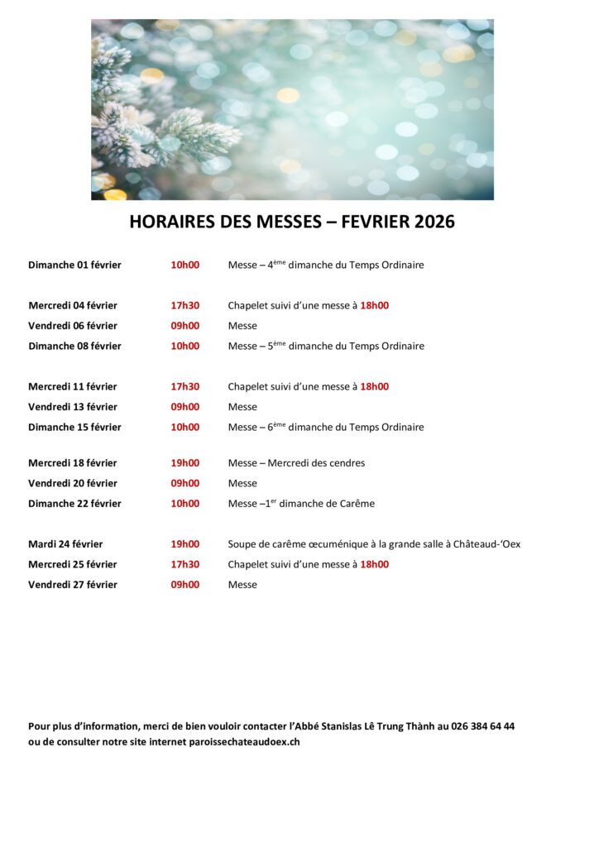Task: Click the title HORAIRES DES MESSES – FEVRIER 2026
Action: [292, 223]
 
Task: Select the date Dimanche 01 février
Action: [74, 266]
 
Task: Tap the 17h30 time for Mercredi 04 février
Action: [184, 306]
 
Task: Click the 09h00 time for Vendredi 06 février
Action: [184, 326]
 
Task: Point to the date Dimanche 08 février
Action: [74, 347]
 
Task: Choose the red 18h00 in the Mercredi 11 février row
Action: [374, 387]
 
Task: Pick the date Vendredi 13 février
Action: [73, 407]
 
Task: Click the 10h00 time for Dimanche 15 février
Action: [184, 428]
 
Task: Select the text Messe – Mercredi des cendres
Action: [296, 463]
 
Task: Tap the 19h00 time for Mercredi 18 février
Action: [184, 463]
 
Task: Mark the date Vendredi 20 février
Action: [73, 484]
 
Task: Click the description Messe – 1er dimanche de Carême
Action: [301, 504]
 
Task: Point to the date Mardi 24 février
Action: [65, 544]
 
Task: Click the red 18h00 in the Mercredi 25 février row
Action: [374, 565]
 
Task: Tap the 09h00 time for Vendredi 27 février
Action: [184, 585]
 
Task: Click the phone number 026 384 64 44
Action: [482, 726]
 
